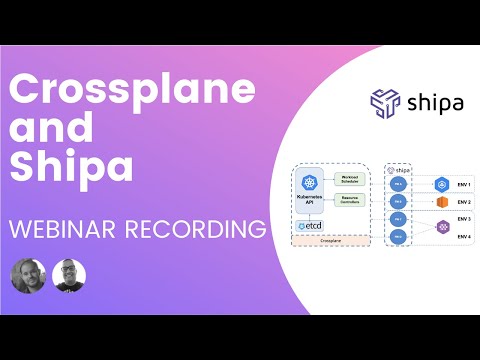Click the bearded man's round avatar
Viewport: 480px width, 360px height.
pos(28,276)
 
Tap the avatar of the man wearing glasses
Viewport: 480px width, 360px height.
pos(69,276)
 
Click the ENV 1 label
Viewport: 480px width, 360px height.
pos(463,185)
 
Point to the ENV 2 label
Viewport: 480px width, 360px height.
pos(463,202)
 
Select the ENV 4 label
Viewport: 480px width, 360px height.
pos(463,235)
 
